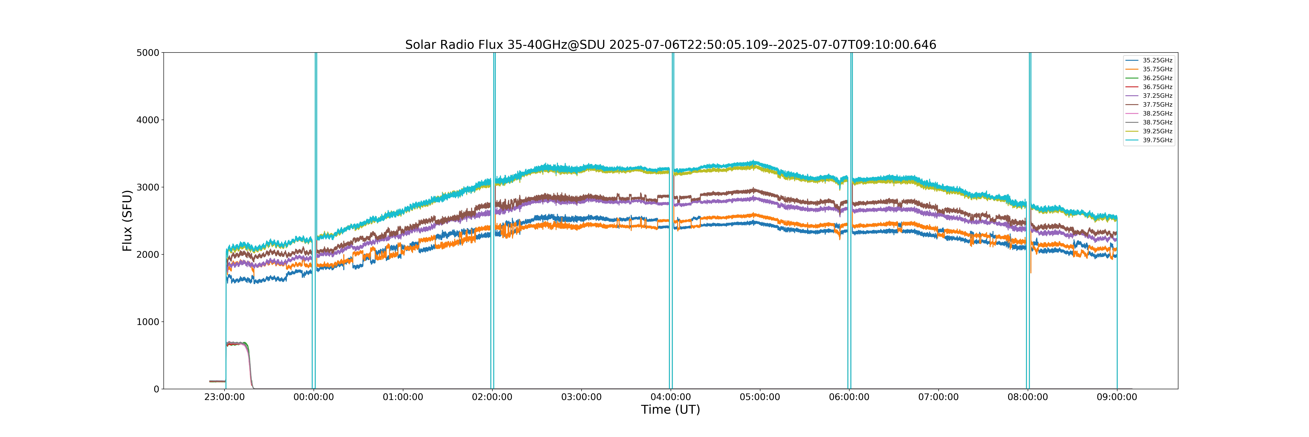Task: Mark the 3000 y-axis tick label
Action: (x=148, y=187)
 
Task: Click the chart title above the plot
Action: (x=671, y=45)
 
